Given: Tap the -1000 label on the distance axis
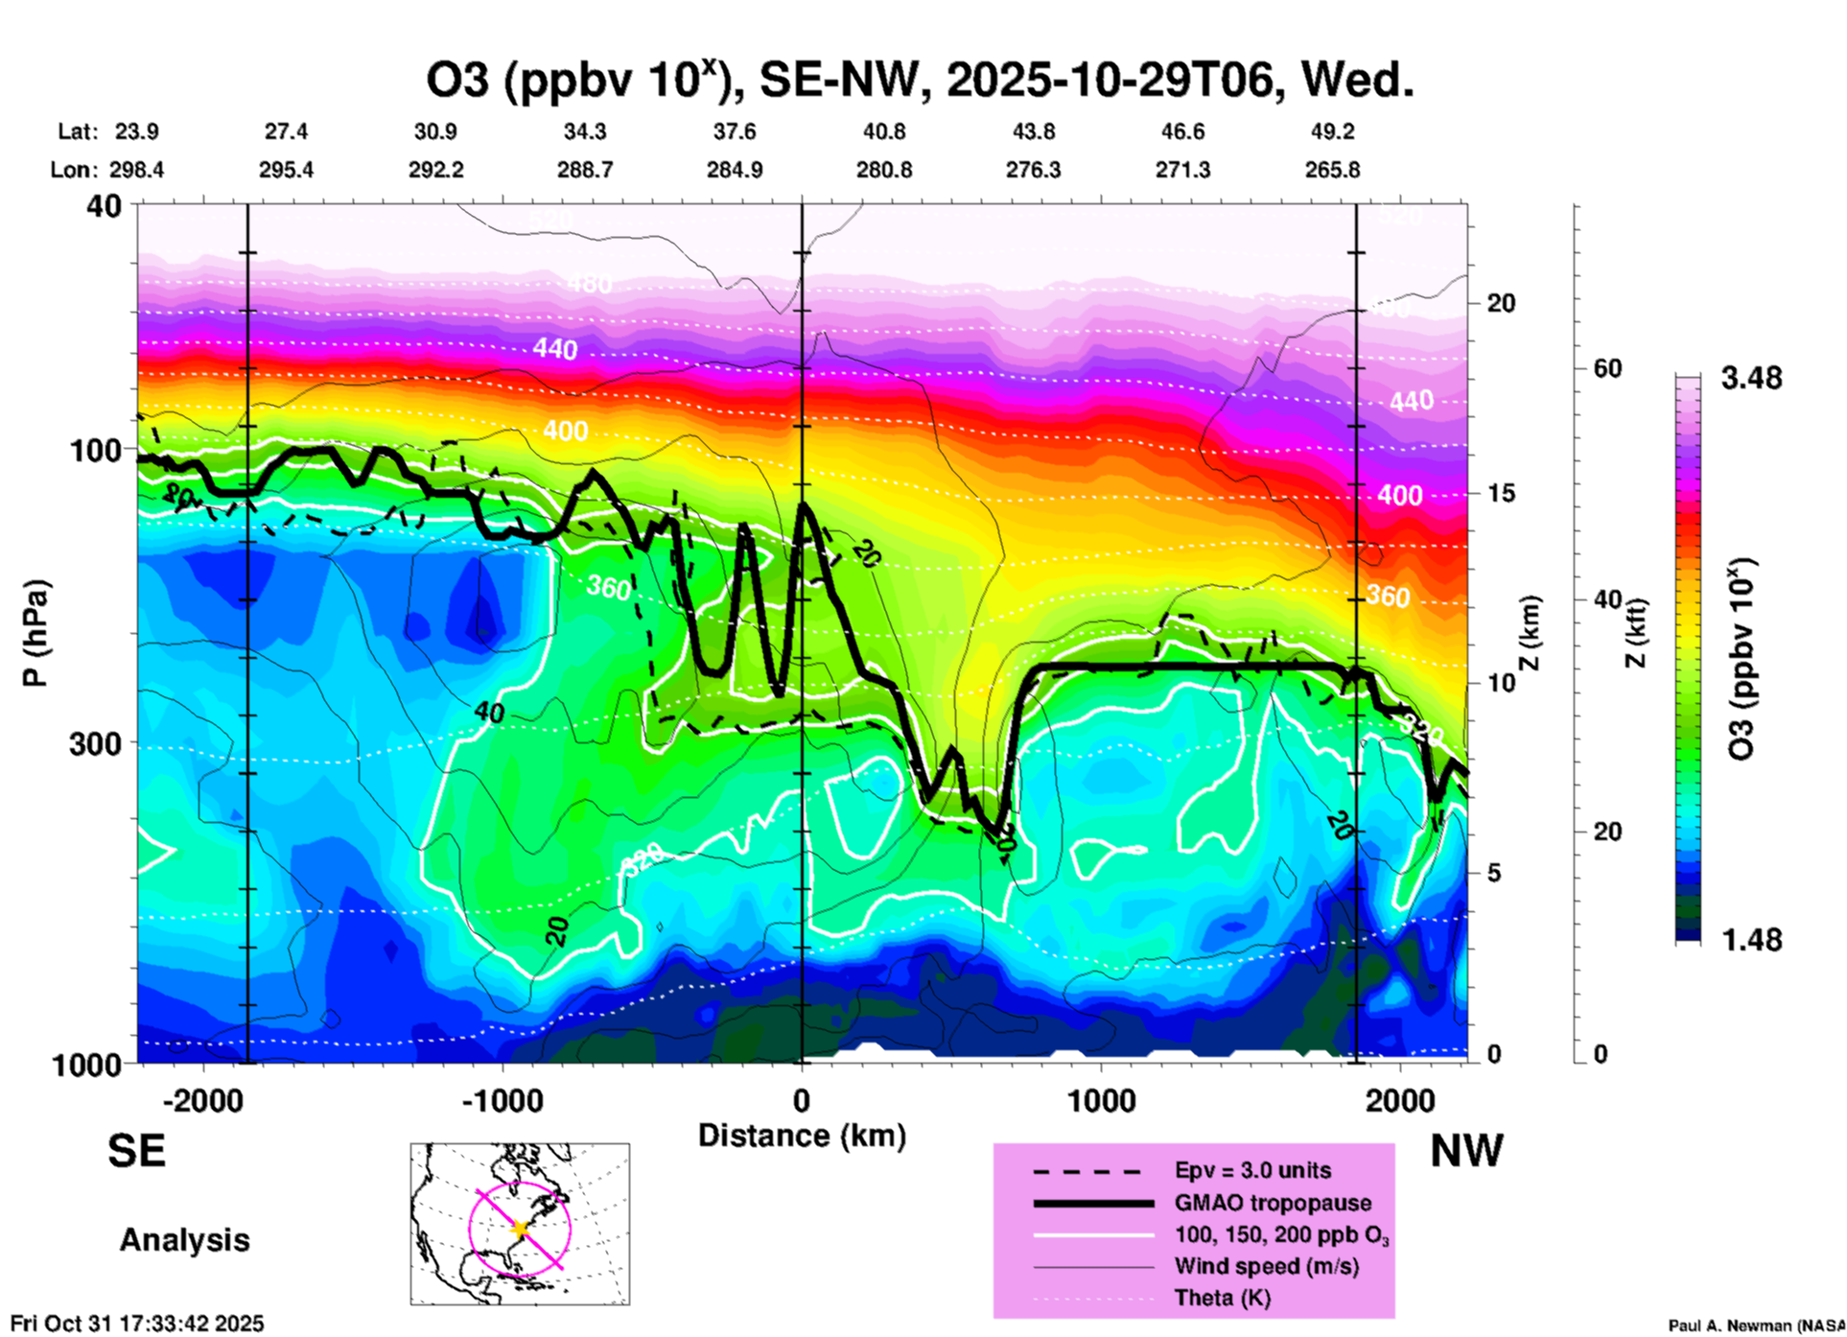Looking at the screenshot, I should pyautogui.click(x=503, y=1101).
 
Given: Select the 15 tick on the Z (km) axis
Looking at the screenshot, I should pyautogui.click(x=1500, y=493).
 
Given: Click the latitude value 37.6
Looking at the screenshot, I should pyautogui.click(x=735, y=132).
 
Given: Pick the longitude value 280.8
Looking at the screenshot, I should pyautogui.click(x=883, y=171).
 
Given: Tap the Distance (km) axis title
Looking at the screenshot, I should pyautogui.click(x=802, y=1137).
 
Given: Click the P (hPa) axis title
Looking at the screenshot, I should pyautogui.click(x=35, y=633).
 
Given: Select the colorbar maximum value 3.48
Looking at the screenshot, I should pyautogui.click(x=1751, y=379).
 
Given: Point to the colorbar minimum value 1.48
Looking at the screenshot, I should pyautogui.click(x=1751, y=940).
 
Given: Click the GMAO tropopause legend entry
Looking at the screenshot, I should pyautogui.click(x=1273, y=1203).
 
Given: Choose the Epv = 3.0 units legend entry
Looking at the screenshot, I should pyautogui.click(x=1252, y=1171).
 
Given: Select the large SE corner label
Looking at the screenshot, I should pyautogui.click(x=136, y=1151).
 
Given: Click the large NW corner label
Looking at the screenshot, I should pyautogui.click(x=1466, y=1151).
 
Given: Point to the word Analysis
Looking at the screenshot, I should pyautogui.click(x=184, y=1240).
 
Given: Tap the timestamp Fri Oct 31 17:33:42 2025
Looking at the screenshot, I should pyautogui.click(x=137, y=1324).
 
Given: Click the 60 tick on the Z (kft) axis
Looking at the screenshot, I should pyautogui.click(x=1607, y=369).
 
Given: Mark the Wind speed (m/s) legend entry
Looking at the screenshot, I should pyautogui.click(x=1266, y=1267).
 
